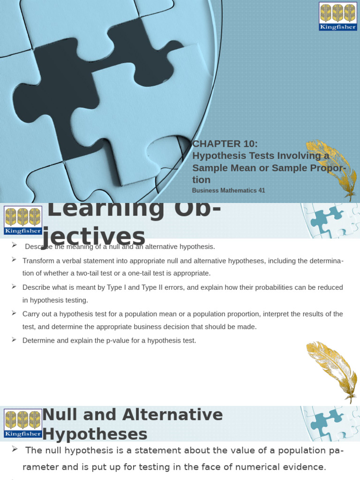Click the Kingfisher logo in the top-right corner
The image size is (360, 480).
coord(337,16)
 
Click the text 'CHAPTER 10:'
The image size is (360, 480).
coord(225,144)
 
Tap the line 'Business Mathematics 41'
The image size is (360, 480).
coord(228,190)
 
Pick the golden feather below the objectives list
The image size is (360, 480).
coord(331,370)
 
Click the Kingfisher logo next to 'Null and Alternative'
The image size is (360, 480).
coord(22,423)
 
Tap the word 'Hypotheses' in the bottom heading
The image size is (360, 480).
coord(95,435)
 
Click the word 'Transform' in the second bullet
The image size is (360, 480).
coord(37,260)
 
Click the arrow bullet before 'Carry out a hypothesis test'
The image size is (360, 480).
coord(14,313)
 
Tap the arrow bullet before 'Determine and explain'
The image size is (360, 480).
coord(14,339)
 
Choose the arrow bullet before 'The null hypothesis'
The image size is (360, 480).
coord(15,450)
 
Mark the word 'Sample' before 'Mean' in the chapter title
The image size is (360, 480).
coord(210,168)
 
